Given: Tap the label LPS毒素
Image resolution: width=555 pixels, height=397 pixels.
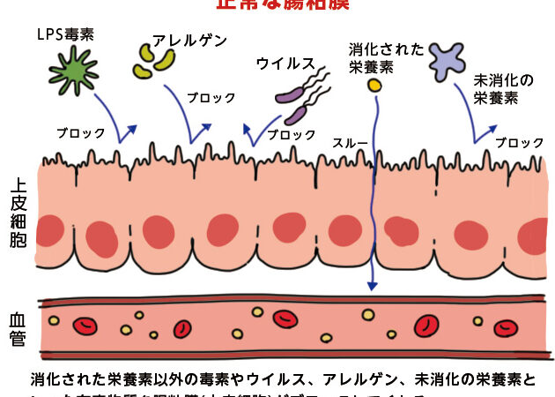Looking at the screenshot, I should click(66, 34).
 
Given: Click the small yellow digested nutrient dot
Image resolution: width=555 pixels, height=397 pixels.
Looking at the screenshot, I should click(374, 86).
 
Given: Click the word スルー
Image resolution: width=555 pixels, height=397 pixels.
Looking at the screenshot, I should click(350, 141).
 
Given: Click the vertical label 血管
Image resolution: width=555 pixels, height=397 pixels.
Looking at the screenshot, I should click(18, 327).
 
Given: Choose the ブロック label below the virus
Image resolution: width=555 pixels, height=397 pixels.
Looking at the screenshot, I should click(291, 135).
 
